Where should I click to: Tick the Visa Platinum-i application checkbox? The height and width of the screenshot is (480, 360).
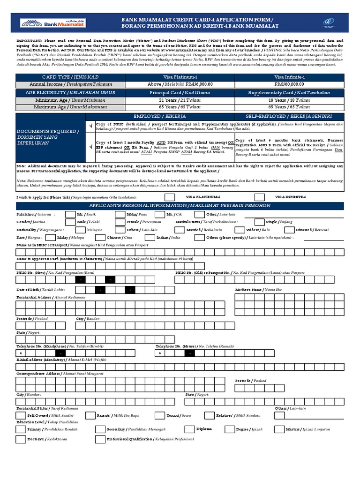pyautogui.click(x=170, y=197)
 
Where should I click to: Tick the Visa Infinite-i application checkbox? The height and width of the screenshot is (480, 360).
pyautogui.click(x=259, y=197)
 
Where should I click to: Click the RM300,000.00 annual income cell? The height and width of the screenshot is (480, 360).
pyautogui.click(x=289, y=84)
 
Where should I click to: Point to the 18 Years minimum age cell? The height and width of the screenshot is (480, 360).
pyautogui.click(x=289, y=100)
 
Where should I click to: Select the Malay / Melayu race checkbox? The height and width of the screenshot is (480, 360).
pyautogui.click(x=49, y=238)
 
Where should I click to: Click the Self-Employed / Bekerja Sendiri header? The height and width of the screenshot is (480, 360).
pyautogui.click(x=289, y=115)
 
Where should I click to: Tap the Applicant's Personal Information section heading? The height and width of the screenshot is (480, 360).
pyautogui.click(x=180, y=205)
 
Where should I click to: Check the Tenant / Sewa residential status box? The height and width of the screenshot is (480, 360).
pyautogui.click(x=160, y=415)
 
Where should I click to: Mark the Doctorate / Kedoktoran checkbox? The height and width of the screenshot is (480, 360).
pyautogui.click(x=21, y=439)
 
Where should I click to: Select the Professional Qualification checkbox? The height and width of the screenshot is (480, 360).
pyautogui.click(x=100, y=439)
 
